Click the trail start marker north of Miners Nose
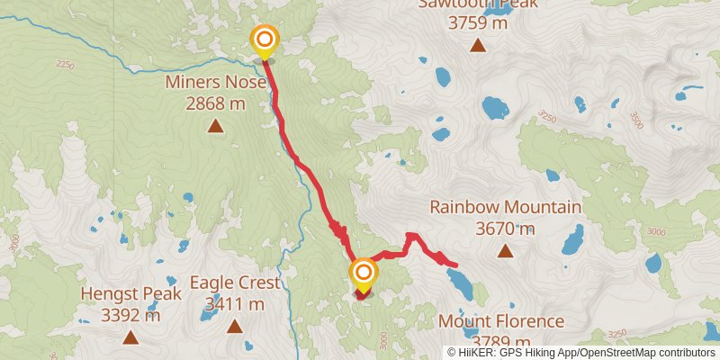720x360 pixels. pos(265,40)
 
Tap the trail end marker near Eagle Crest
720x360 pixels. pos(364,272)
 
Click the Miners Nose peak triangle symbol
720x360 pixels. pos(216,126)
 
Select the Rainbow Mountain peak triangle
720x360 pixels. pos(505,251)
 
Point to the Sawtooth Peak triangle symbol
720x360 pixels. pos(477,46)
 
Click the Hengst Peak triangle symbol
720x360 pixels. pos(131,337)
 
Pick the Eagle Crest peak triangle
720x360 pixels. pos(234,325)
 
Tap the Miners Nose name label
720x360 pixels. pos(216,83)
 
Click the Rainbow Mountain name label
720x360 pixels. pos(505,207)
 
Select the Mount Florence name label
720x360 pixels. pos(501,321)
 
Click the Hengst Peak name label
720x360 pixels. pos(131,293)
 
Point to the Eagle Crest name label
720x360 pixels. pos(234,282)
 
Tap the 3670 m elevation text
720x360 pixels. pos(505,229)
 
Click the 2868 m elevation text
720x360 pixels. pos(216,103)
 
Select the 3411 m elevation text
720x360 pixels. pos(234,303)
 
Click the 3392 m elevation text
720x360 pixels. pos(131,315)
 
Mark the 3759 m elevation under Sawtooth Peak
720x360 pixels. pos(477,23)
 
